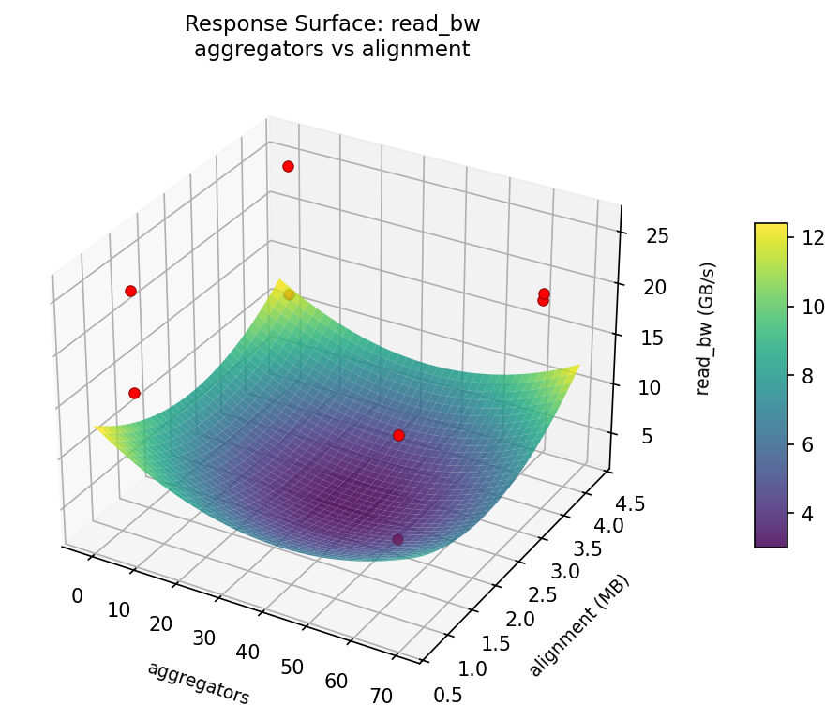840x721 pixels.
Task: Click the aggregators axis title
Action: pyautogui.click(x=198, y=683)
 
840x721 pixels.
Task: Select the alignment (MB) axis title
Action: pyautogui.click(x=578, y=625)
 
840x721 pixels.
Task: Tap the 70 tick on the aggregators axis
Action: pyautogui.click(x=381, y=696)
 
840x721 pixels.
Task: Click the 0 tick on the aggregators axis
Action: pyautogui.click(x=77, y=596)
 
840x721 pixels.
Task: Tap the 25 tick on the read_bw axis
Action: pyautogui.click(x=657, y=235)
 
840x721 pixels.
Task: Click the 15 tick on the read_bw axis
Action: pyautogui.click(x=653, y=338)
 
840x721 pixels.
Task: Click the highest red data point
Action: pyautogui.click(x=288, y=166)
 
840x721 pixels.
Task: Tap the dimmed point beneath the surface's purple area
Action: pyautogui.click(x=397, y=539)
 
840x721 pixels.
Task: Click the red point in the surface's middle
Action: pyautogui.click(x=398, y=435)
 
